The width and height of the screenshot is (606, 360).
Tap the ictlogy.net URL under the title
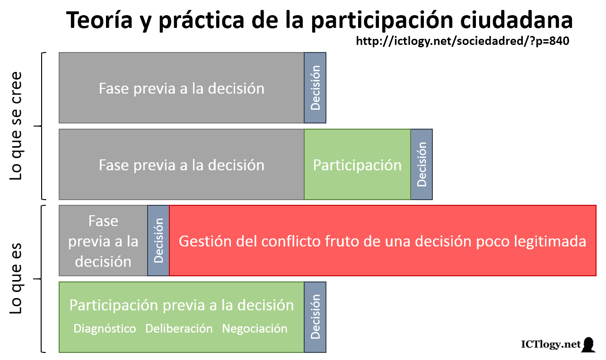[x=462, y=42]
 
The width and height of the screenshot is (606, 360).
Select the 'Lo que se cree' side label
[x=16, y=126]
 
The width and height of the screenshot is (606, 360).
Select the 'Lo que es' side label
[x=16, y=279]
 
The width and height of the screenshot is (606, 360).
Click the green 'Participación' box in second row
[x=357, y=165]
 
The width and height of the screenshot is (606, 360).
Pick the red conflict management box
[x=382, y=241]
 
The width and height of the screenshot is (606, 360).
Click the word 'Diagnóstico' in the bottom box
[x=105, y=328]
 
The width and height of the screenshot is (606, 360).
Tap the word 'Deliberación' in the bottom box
[x=179, y=328]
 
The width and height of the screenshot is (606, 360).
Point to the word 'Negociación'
[x=255, y=328]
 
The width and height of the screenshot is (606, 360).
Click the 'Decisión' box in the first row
[x=315, y=88]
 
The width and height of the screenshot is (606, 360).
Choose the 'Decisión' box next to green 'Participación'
[x=422, y=165]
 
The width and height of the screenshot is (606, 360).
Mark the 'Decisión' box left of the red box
[x=158, y=241]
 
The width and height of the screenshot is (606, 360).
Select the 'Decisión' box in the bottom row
[x=315, y=317]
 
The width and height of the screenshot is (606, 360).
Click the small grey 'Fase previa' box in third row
[x=103, y=241]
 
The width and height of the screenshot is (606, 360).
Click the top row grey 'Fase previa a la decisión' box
[x=181, y=88]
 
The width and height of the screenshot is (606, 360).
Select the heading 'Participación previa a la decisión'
[x=181, y=305]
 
